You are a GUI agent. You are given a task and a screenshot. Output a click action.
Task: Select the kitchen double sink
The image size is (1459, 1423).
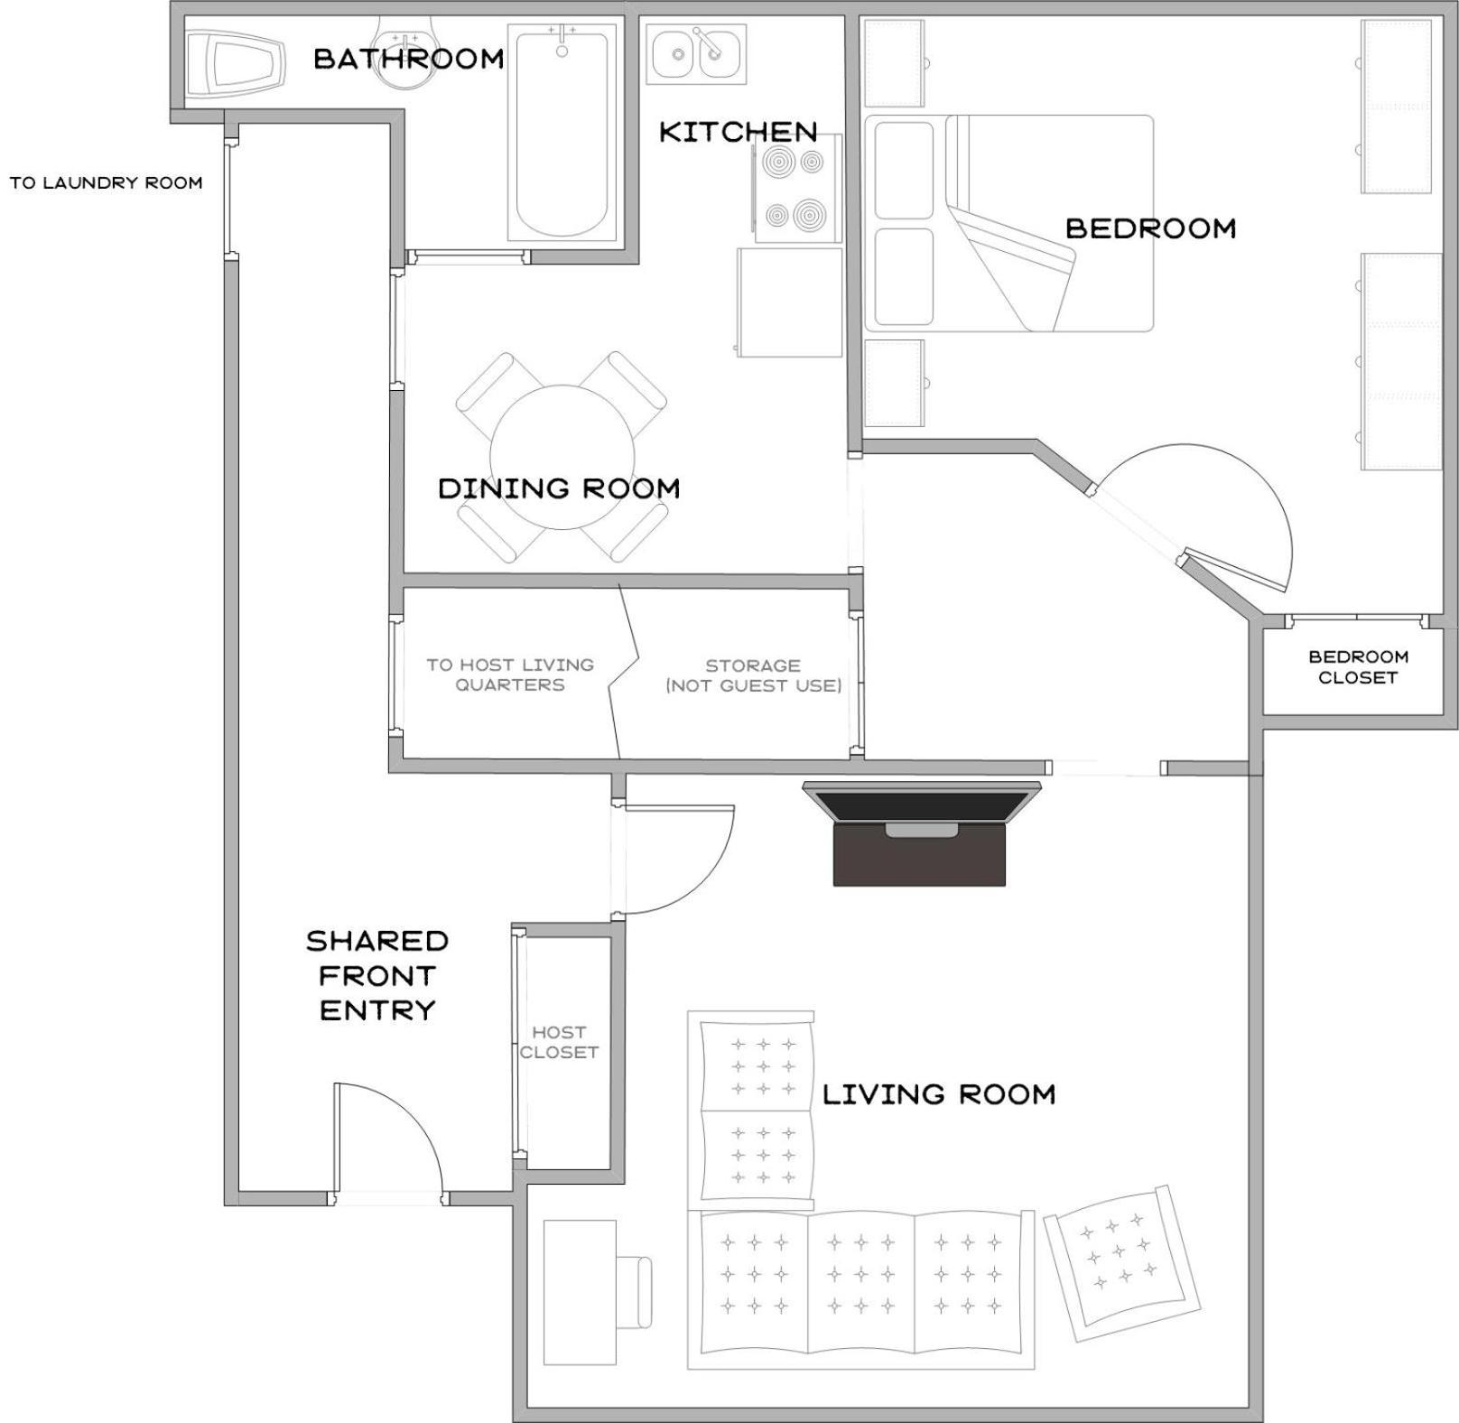696,54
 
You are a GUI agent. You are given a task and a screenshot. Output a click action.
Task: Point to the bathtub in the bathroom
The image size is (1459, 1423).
562,132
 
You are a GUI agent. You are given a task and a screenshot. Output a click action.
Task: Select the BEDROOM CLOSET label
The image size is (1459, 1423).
1358,667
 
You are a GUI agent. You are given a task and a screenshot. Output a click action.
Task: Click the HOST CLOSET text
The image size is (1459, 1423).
559,1042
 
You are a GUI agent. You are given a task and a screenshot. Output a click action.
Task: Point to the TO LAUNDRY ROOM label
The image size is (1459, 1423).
106,182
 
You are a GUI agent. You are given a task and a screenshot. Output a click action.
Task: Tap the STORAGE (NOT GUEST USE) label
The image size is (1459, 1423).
754,675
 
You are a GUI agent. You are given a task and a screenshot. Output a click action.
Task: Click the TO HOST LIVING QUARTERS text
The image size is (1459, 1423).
510,674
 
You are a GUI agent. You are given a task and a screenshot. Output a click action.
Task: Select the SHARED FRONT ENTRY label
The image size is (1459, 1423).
377,975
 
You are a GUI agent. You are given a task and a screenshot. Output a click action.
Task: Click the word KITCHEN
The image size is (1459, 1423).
739,132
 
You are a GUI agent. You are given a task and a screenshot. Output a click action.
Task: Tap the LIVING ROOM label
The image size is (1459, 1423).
939,1094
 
